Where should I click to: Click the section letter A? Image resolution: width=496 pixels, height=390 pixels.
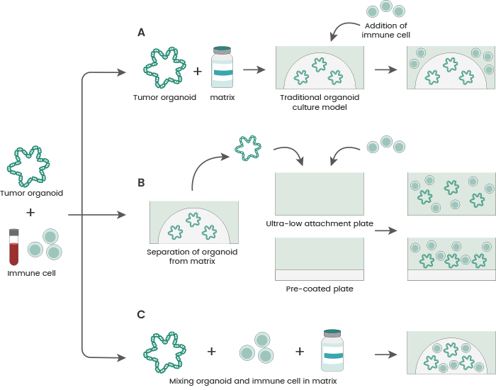coord(142,33)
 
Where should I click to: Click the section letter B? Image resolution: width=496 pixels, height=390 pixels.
coord(142,182)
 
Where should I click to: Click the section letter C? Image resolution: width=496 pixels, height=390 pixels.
coord(142,314)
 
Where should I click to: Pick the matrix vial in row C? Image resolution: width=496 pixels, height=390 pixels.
coord(332,350)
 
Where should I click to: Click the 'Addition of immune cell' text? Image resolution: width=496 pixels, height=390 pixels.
coord(386,30)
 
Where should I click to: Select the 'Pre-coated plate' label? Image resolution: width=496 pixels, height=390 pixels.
coord(319,289)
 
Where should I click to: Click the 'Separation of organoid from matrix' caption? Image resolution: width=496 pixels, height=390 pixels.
coord(192,256)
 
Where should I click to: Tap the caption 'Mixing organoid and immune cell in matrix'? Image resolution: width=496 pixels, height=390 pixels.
coord(252,381)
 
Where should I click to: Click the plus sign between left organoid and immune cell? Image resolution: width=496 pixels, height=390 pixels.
coord(30,213)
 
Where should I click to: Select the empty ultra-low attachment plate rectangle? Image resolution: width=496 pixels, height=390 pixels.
coord(319,194)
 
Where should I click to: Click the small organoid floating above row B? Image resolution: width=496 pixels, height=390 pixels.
coord(248,147)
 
